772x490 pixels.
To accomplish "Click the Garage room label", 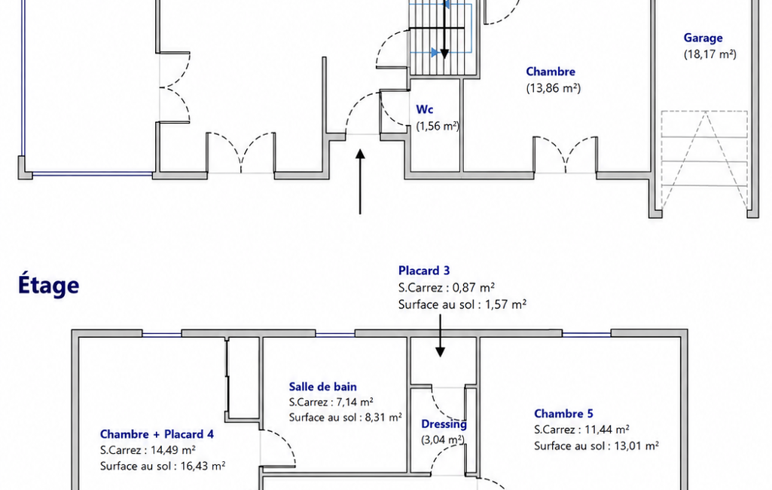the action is pyautogui.click(x=703, y=38).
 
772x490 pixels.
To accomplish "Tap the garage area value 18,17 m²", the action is pyautogui.click(x=710, y=54).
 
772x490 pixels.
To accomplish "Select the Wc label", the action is pyautogui.click(x=424, y=109).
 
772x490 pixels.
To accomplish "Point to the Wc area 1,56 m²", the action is pyautogui.click(x=438, y=126).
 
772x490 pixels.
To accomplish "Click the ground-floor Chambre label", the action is pyautogui.click(x=551, y=72).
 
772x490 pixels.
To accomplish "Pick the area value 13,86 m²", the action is pyautogui.click(x=554, y=88).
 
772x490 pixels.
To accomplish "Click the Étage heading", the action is pyautogui.click(x=48, y=285).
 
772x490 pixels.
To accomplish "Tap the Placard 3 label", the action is pyautogui.click(x=424, y=271).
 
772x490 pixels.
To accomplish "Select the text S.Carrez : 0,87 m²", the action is pyautogui.click(x=447, y=287).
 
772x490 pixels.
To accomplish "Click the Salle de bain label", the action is pyautogui.click(x=322, y=387).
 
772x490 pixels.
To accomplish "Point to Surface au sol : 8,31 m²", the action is pyautogui.click(x=345, y=418).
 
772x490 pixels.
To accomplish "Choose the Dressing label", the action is pyautogui.click(x=444, y=424).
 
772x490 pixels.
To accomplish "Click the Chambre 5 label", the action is pyautogui.click(x=563, y=414).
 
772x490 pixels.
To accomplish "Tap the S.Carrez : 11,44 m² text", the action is pyautogui.click(x=581, y=430).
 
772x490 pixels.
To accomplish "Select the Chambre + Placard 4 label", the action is pyautogui.click(x=157, y=434).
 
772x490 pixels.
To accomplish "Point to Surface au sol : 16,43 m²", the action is pyautogui.click(x=163, y=466).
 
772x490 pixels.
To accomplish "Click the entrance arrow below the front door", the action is pyautogui.click(x=361, y=182).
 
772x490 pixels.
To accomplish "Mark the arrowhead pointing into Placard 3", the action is pyautogui.click(x=440, y=351).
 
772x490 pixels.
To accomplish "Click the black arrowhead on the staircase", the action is pyautogui.click(x=444, y=54).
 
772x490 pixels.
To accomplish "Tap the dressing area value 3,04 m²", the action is pyautogui.click(x=443, y=439).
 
